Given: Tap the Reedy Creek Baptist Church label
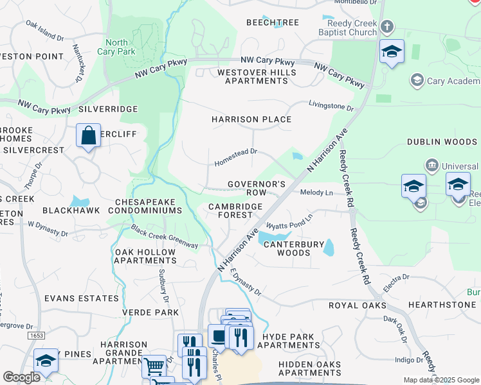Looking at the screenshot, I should [x=347, y=28].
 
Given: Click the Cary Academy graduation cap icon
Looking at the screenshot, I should [x=417, y=80].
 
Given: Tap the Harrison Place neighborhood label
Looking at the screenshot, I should [x=251, y=119].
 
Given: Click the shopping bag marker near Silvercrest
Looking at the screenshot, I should [x=88, y=135].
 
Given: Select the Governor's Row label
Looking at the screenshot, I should [x=257, y=188].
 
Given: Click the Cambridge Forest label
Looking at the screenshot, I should [x=235, y=210].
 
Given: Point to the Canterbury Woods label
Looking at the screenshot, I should [x=293, y=248].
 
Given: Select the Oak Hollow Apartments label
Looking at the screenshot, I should [x=145, y=256].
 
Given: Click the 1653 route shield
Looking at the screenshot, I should [x=36, y=336].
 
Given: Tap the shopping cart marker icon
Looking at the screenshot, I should [x=153, y=366].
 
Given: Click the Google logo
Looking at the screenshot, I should [x=21, y=377].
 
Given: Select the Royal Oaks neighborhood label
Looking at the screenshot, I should [x=356, y=305].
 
